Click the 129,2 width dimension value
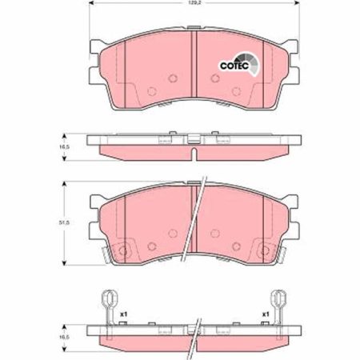(194, 4)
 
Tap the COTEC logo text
(234, 66)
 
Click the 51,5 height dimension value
(64, 222)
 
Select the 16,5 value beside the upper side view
(64, 146)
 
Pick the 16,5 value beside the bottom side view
(64, 337)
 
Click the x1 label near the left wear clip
(123, 314)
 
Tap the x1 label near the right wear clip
(266, 314)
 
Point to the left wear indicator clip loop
(109, 297)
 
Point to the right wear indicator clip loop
(278, 297)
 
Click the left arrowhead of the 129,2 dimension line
(91, 3)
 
